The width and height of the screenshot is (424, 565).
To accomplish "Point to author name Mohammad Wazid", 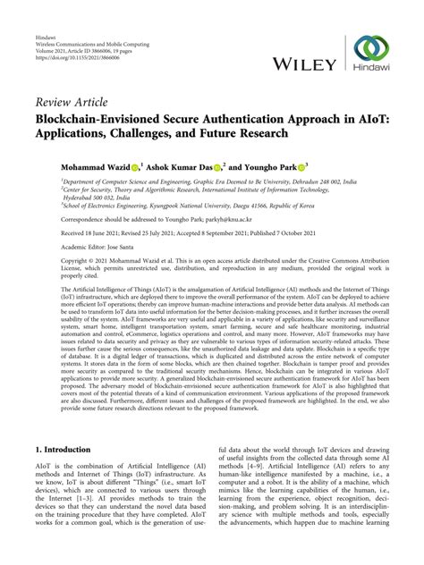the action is [x=71, y=166].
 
